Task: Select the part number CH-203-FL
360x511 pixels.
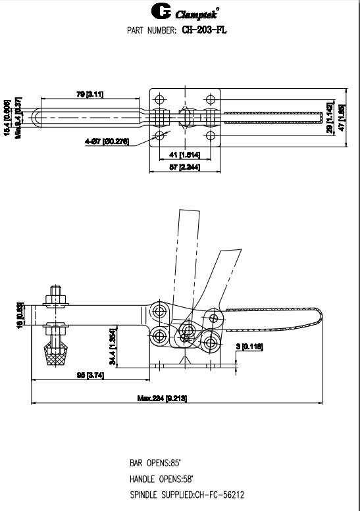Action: pos(204,30)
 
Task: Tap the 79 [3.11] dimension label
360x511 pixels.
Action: pos(90,95)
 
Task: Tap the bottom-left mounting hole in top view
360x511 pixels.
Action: pos(161,136)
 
